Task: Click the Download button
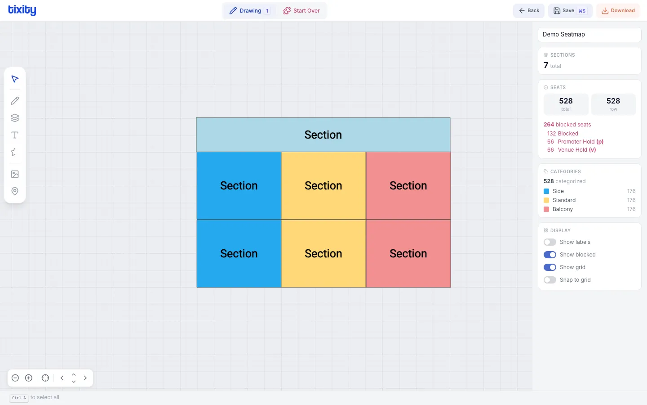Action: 618,11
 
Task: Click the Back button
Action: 529,11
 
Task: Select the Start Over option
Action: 301,11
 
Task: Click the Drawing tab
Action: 250,11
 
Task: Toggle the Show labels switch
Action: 550,242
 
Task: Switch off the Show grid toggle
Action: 550,267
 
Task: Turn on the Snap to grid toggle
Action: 550,280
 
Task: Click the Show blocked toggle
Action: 550,255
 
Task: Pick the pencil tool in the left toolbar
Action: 15,101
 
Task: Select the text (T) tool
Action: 15,135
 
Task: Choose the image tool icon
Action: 15,174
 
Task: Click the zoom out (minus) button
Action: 15,378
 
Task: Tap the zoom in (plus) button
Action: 29,378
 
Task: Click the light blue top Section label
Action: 323,135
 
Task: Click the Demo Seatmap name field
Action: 589,35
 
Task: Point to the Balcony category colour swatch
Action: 546,209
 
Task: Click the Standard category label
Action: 564,200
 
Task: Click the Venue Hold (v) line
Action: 576,150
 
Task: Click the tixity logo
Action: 22,10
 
